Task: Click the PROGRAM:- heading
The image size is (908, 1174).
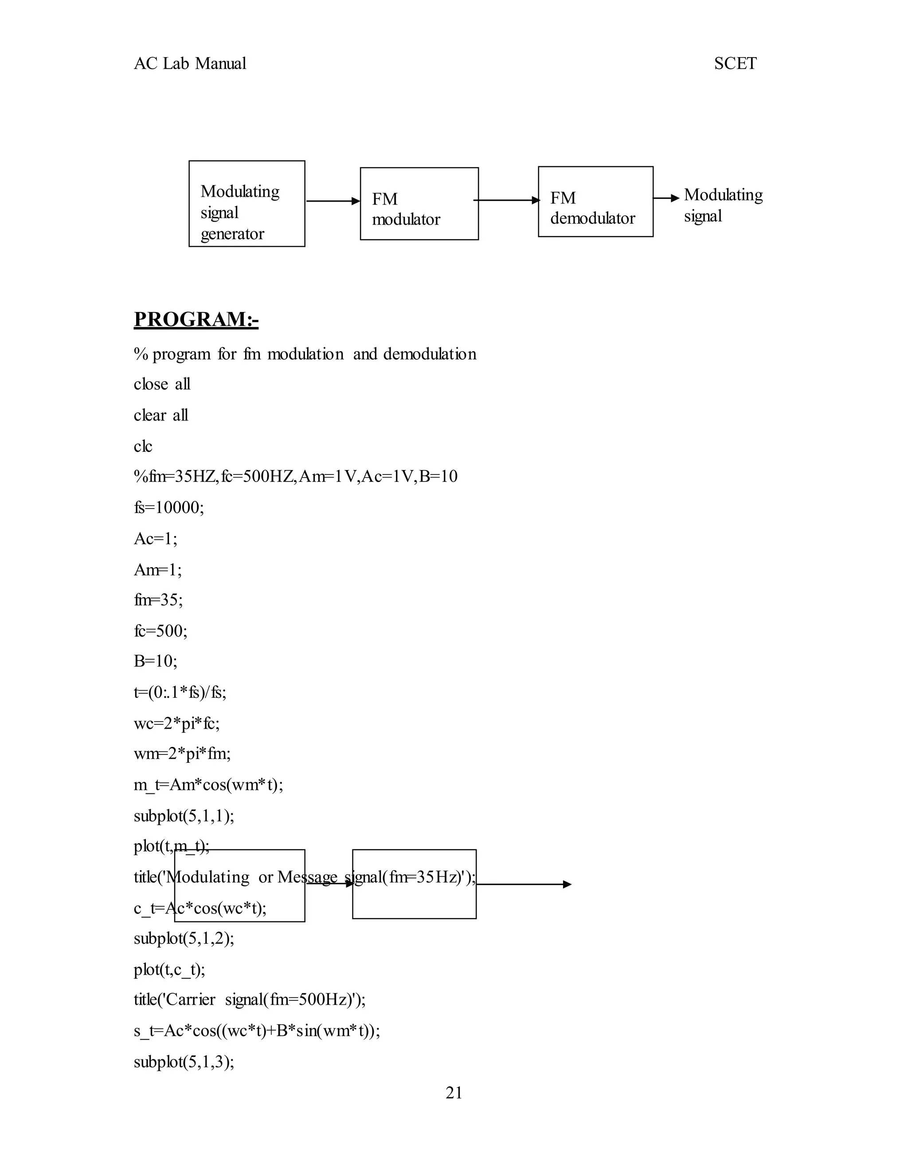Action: pos(196,319)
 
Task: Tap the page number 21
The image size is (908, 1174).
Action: pos(454,1093)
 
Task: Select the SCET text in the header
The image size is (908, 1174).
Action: pos(735,64)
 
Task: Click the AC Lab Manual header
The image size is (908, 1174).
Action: pos(190,64)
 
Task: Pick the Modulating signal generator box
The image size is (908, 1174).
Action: pos(247,204)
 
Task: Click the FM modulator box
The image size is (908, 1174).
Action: pos(419,204)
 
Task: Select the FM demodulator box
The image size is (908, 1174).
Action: pos(595,202)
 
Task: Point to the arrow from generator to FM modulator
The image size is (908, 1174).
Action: pos(333,201)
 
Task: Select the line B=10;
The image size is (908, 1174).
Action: pos(156,661)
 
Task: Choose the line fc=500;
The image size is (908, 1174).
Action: pos(160,630)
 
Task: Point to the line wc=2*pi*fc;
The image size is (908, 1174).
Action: pos(176,723)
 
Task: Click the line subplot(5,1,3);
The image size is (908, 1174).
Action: pos(184,1062)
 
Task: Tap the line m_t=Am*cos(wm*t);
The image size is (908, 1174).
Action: pos(208,785)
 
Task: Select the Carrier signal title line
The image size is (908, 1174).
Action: pos(250,1000)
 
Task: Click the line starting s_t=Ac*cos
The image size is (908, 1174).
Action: pos(257,1031)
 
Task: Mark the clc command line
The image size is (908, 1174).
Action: pos(143,446)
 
